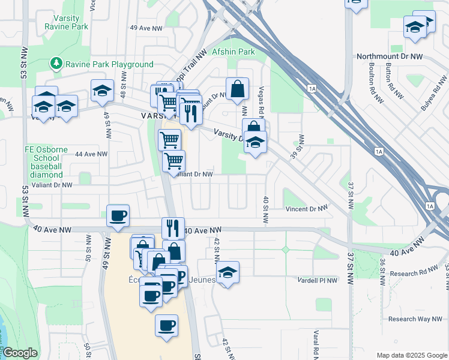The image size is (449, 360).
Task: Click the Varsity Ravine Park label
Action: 66,22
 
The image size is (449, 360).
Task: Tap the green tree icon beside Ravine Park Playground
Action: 56,63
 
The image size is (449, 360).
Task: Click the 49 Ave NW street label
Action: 146,28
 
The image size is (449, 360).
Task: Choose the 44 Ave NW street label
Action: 91,154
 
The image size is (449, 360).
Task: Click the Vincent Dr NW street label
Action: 307,209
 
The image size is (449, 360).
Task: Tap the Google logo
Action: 20,353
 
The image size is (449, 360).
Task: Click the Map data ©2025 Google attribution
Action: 411,355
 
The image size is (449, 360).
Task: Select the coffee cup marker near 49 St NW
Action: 117,215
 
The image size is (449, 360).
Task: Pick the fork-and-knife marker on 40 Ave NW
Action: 173,227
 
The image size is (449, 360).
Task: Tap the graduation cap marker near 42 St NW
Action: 228,272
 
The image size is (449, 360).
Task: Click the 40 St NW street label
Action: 265,210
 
